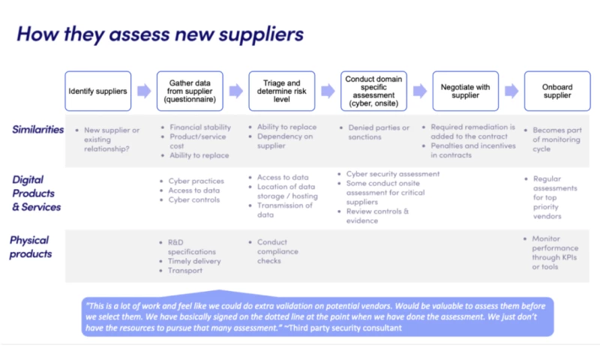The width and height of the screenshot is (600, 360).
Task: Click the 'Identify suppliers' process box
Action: pyautogui.click(x=97, y=91)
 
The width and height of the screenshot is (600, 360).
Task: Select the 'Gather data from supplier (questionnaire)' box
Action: pyautogui.click(x=190, y=91)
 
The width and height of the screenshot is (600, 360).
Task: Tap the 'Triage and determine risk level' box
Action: pyautogui.click(x=281, y=91)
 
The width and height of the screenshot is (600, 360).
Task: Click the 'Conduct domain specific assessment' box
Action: pyautogui.click(x=373, y=91)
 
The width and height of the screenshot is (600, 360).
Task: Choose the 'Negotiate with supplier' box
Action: pyautogui.click(x=464, y=91)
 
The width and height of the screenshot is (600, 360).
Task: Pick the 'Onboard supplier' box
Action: pyautogui.click(x=556, y=91)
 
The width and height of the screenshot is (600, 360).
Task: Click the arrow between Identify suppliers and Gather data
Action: pyautogui.click(x=143, y=91)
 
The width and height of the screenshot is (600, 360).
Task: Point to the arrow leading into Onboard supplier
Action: pyautogui.click(x=511, y=91)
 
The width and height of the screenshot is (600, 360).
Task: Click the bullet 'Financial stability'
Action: pyautogui.click(x=199, y=127)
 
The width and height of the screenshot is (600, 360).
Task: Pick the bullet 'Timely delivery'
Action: pyautogui.click(x=195, y=261)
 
